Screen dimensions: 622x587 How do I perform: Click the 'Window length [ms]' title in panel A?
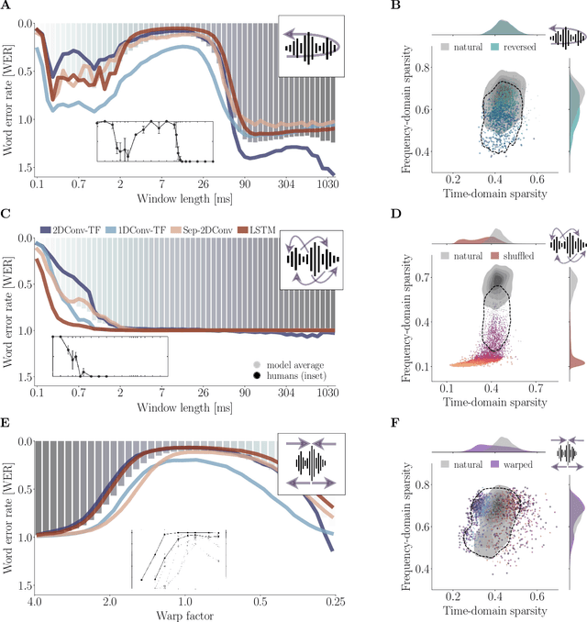[183, 198]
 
